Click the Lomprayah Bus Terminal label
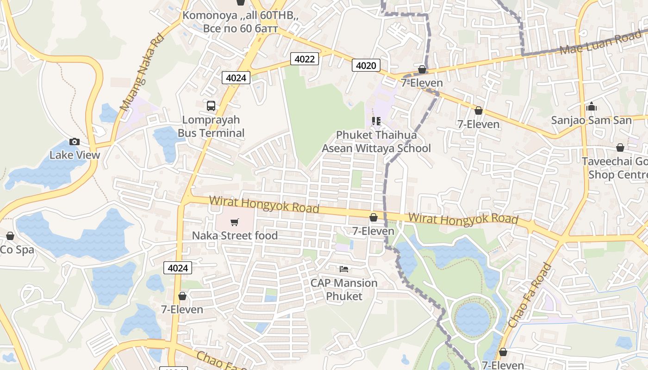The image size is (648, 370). (211, 126)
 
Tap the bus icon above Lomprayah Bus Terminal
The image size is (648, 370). (211, 106)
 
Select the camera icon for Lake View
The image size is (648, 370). (74, 142)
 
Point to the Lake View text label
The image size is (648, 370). (75, 155)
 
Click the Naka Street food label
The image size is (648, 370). (235, 235)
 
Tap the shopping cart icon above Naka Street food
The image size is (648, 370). (235, 222)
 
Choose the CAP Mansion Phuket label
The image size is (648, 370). (343, 289)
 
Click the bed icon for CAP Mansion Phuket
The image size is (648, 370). (343, 269)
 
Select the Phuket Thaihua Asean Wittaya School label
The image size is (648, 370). (376, 142)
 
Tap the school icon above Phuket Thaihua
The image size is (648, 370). (376, 121)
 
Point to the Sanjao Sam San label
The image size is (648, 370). (591, 120)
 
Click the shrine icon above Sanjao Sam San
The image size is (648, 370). (591, 107)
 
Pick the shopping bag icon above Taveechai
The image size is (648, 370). (620, 148)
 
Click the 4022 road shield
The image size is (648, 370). (305, 59)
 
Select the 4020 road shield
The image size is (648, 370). (366, 66)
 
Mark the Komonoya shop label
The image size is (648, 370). (240, 22)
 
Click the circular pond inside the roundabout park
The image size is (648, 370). (472, 319)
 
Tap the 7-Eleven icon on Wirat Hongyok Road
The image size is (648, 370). (374, 217)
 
